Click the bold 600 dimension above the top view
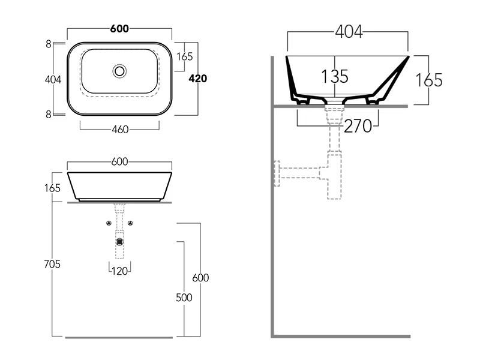point(119,29)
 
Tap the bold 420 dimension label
point(198,79)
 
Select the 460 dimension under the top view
point(120,130)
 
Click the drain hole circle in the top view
point(119,71)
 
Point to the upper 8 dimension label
point(49,44)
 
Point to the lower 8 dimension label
point(49,114)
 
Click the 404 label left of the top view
point(53,80)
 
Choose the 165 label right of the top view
point(185,56)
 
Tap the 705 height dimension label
point(52,264)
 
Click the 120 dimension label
point(119,271)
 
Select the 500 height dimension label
point(184,298)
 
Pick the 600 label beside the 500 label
point(200,278)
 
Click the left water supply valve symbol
point(109,223)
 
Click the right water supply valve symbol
point(130,223)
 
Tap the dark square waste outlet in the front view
point(119,242)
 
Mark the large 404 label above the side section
point(349,32)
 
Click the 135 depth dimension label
point(335,76)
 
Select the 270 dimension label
point(358,126)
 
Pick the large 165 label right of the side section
point(429,80)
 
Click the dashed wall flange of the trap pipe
point(277,173)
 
